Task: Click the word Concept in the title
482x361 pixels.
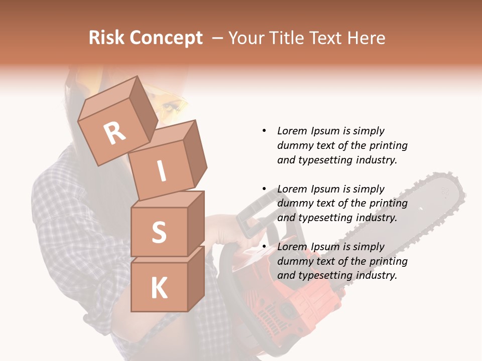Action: [166, 38]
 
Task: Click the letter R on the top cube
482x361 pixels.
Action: [115, 133]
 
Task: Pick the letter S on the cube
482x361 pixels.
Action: [159, 232]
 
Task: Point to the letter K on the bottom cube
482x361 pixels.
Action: [159, 288]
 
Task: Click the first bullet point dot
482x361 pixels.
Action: [264, 131]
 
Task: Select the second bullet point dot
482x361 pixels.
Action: [264, 189]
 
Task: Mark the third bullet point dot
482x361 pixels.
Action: [264, 247]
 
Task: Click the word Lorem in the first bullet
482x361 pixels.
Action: [291, 131]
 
